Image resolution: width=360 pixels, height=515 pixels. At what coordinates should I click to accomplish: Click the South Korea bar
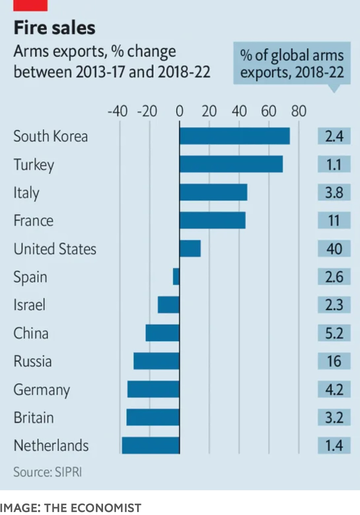point(234,136)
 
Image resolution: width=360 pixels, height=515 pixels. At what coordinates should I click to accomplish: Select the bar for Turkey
point(231,164)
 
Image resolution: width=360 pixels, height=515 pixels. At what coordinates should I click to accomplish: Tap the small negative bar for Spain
point(176,277)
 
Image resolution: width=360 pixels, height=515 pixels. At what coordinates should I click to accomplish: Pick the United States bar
point(190,249)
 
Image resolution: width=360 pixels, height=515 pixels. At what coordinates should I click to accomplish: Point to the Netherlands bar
point(151,445)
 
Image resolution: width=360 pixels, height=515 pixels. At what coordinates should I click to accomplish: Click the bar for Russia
point(156,361)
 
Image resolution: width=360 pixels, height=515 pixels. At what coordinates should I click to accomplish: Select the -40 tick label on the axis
point(118,111)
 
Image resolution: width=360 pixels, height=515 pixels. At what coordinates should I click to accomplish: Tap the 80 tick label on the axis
point(299,111)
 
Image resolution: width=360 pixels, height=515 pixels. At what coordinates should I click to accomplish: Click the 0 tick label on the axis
point(179,111)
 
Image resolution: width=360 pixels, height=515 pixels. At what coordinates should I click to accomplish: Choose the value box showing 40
point(334,249)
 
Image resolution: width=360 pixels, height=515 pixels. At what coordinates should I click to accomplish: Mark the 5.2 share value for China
point(334,333)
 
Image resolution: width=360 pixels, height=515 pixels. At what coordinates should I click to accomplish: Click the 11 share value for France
point(334,221)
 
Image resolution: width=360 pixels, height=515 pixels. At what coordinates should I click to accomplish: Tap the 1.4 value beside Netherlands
point(334,445)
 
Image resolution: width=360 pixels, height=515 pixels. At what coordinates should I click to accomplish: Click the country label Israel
point(29,305)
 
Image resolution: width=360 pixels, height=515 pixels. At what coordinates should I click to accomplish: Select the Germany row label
point(42,390)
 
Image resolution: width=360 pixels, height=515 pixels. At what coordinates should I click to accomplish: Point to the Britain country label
point(34,418)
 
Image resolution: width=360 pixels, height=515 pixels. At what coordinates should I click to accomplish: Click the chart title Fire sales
point(54,28)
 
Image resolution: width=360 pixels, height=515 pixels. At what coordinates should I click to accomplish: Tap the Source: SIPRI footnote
point(48,472)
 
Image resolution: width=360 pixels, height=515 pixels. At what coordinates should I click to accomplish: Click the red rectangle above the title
point(30,5)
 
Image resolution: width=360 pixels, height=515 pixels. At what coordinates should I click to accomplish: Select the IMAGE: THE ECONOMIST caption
point(71,508)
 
